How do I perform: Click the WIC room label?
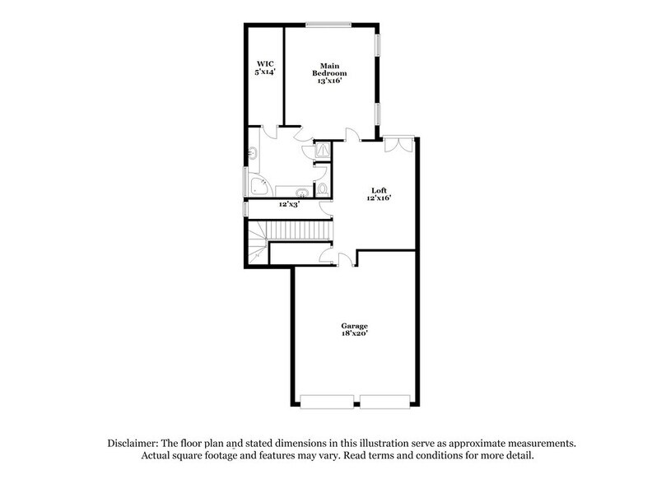[x=264, y=63]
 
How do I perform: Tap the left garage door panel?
[x=328, y=402]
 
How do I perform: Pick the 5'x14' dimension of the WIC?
[x=264, y=72]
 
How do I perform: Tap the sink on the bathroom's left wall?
[x=253, y=154]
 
